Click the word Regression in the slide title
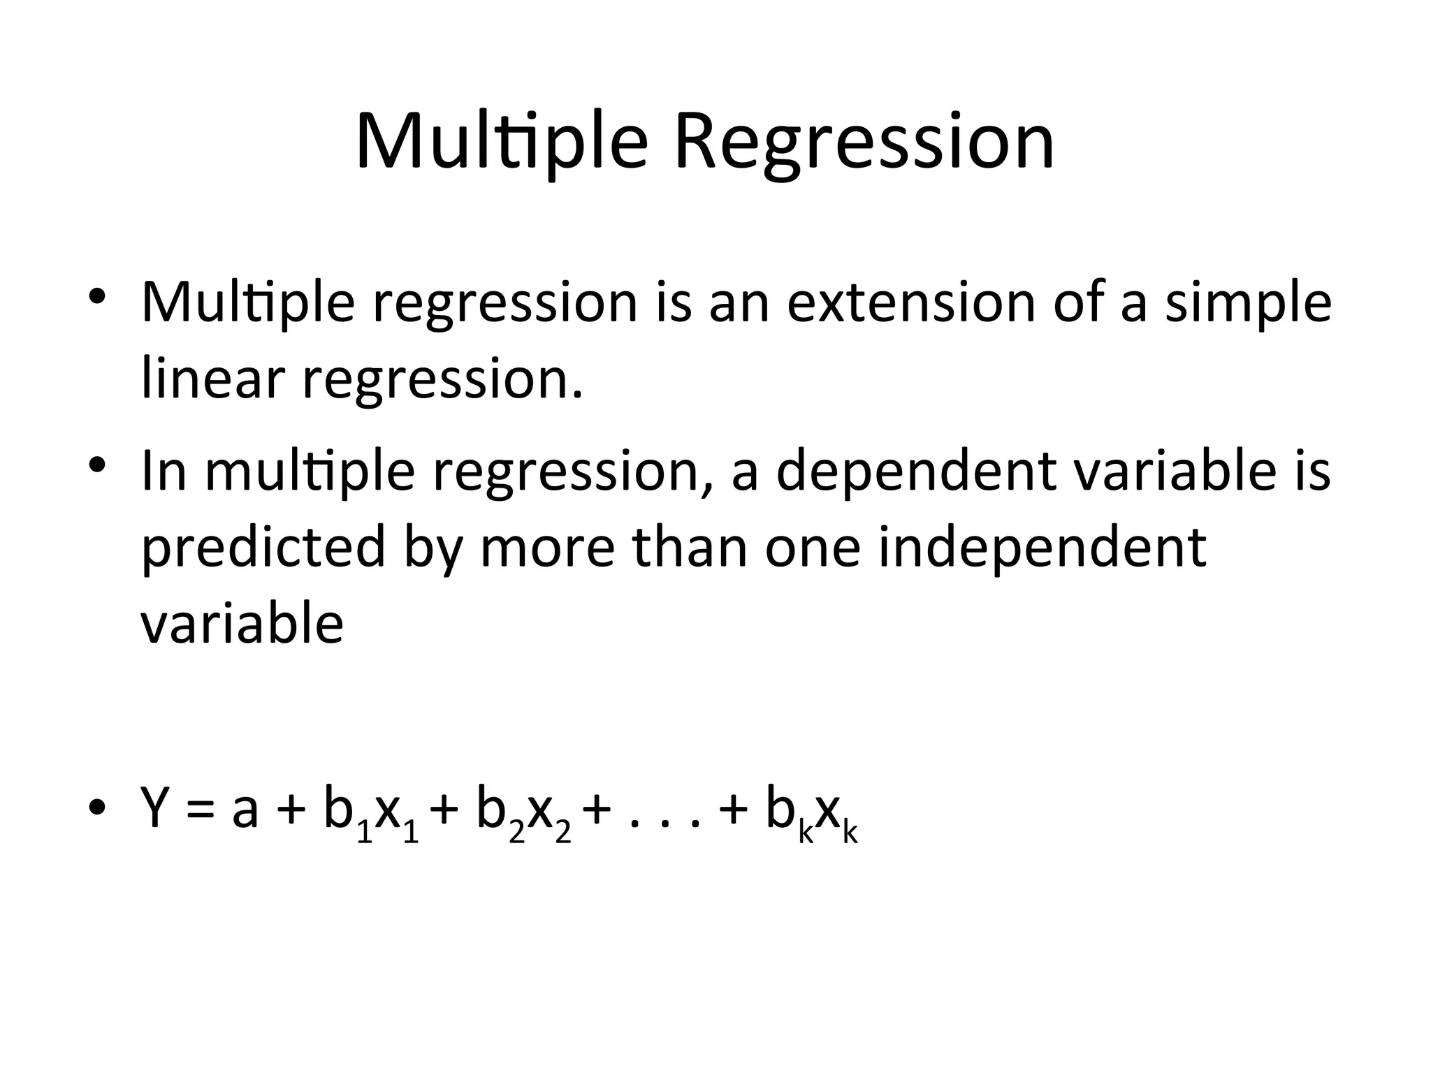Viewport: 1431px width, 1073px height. pos(864,143)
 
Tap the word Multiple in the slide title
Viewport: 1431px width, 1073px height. pos(502,143)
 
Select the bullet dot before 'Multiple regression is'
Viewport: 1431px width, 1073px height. pos(97,294)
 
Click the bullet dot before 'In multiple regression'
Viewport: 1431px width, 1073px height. pos(97,465)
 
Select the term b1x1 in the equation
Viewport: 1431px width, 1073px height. pos(371,814)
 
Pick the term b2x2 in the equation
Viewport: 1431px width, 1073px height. pos(523,814)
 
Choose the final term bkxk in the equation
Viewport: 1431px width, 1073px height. pos(811,814)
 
